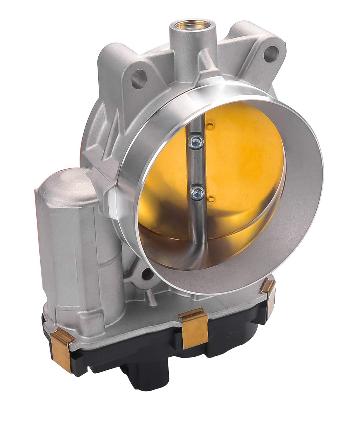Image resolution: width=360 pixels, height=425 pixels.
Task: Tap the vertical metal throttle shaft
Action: [194, 166]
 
